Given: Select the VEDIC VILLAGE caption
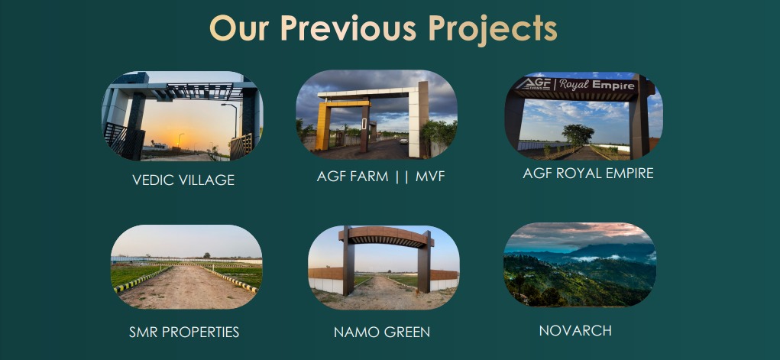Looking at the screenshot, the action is [x=183, y=180].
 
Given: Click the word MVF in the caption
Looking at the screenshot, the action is [x=430, y=177].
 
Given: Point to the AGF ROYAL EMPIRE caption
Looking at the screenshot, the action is [x=588, y=174].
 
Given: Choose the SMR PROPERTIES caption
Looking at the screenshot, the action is [x=184, y=332].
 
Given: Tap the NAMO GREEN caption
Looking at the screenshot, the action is [x=382, y=332].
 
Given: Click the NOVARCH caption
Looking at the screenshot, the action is [x=575, y=331].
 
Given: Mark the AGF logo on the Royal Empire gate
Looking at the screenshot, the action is [x=532, y=83].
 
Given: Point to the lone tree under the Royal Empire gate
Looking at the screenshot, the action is [x=578, y=135].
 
